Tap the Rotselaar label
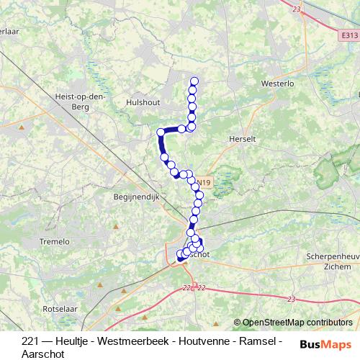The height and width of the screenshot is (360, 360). pos(59,308)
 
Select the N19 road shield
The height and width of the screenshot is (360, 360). pos(204,183)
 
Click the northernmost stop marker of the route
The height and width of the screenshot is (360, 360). pos(192,81)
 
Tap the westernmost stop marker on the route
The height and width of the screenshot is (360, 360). pos(161,132)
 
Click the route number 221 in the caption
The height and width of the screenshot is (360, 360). pos(30,341)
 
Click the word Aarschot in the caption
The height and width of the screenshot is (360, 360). pos(43,354)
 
